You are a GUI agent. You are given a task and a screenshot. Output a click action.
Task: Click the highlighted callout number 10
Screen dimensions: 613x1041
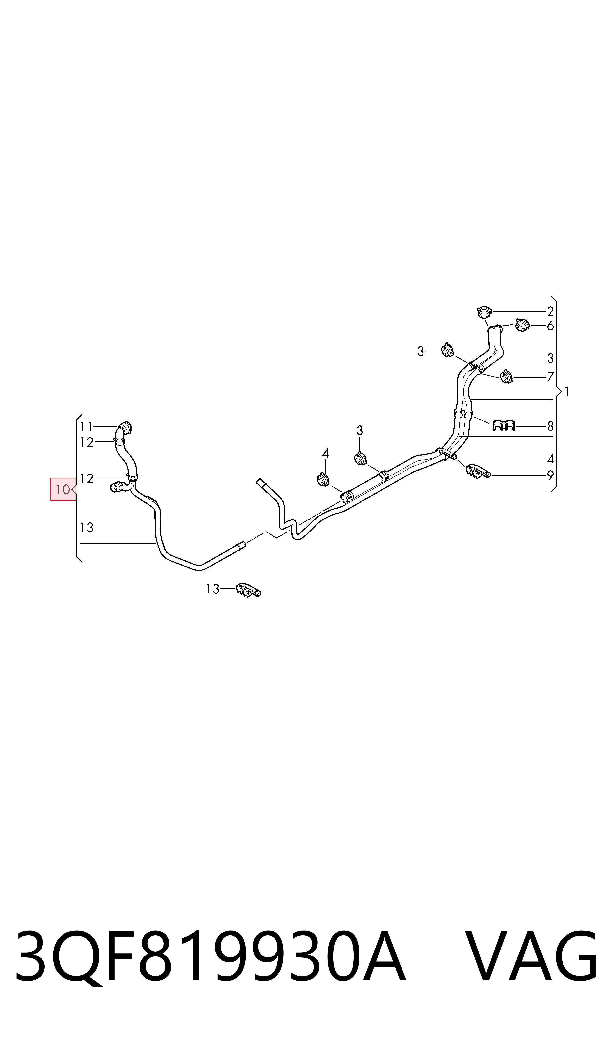[x=63, y=490]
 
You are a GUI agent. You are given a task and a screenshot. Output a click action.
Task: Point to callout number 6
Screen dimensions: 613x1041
[x=550, y=326]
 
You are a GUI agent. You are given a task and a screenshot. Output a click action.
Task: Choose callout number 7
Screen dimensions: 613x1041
[x=550, y=377]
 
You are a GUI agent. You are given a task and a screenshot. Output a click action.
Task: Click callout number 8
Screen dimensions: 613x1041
[x=550, y=426]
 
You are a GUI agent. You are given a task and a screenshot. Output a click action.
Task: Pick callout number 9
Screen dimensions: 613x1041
[x=550, y=476]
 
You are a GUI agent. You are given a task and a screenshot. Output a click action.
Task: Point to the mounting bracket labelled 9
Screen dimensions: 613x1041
[x=478, y=472]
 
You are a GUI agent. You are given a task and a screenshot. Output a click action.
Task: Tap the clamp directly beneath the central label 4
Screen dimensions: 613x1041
[x=323, y=479]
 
